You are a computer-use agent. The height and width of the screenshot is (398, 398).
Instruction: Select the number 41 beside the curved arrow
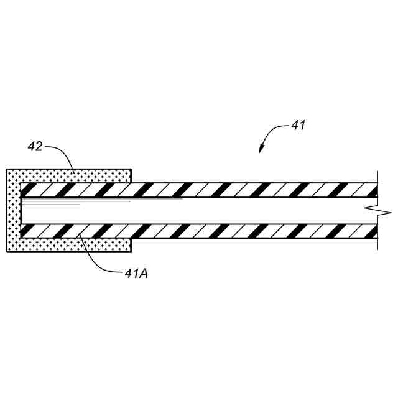[x=298, y=125]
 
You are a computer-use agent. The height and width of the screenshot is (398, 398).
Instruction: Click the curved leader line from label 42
[x=62, y=152]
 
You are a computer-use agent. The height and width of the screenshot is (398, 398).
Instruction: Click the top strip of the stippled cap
[x=68, y=175]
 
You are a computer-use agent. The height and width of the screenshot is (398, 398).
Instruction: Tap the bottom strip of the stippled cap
[x=68, y=246]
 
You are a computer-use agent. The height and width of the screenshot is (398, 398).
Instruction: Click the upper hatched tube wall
[x=249, y=190]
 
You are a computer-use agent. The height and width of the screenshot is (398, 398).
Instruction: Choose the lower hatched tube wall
[x=249, y=231]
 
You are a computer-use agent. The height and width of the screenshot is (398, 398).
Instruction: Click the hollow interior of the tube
[x=249, y=211]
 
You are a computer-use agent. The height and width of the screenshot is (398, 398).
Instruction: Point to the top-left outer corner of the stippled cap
[x=7, y=169]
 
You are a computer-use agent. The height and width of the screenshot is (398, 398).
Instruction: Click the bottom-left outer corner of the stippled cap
[x=7, y=252]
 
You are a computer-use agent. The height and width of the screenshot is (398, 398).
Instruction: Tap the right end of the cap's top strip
[x=129, y=175]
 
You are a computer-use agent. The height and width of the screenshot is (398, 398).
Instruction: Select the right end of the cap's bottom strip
[x=129, y=246]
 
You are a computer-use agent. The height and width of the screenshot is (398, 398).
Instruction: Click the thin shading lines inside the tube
[x=93, y=201]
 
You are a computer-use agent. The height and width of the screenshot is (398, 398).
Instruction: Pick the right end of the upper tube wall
[x=374, y=190]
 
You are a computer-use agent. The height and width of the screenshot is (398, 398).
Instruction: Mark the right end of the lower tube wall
[x=374, y=231]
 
